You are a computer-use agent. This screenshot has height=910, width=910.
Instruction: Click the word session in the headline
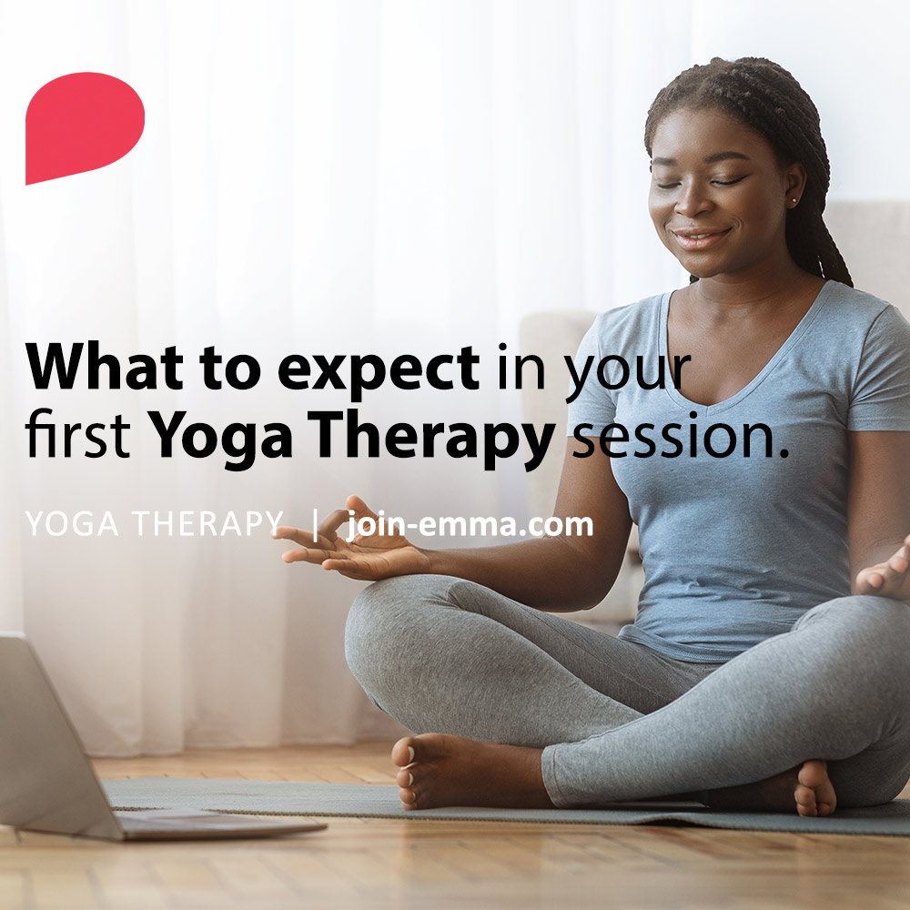pyautogui.click(x=677, y=437)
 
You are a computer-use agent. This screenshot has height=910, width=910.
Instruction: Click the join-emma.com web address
pyautogui.click(x=470, y=525)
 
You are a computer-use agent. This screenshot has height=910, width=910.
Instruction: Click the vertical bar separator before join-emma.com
pyautogui.click(x=316, y=525)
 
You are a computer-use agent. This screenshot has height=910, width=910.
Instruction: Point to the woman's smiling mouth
pyautogui.click(x=701, y=238)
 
